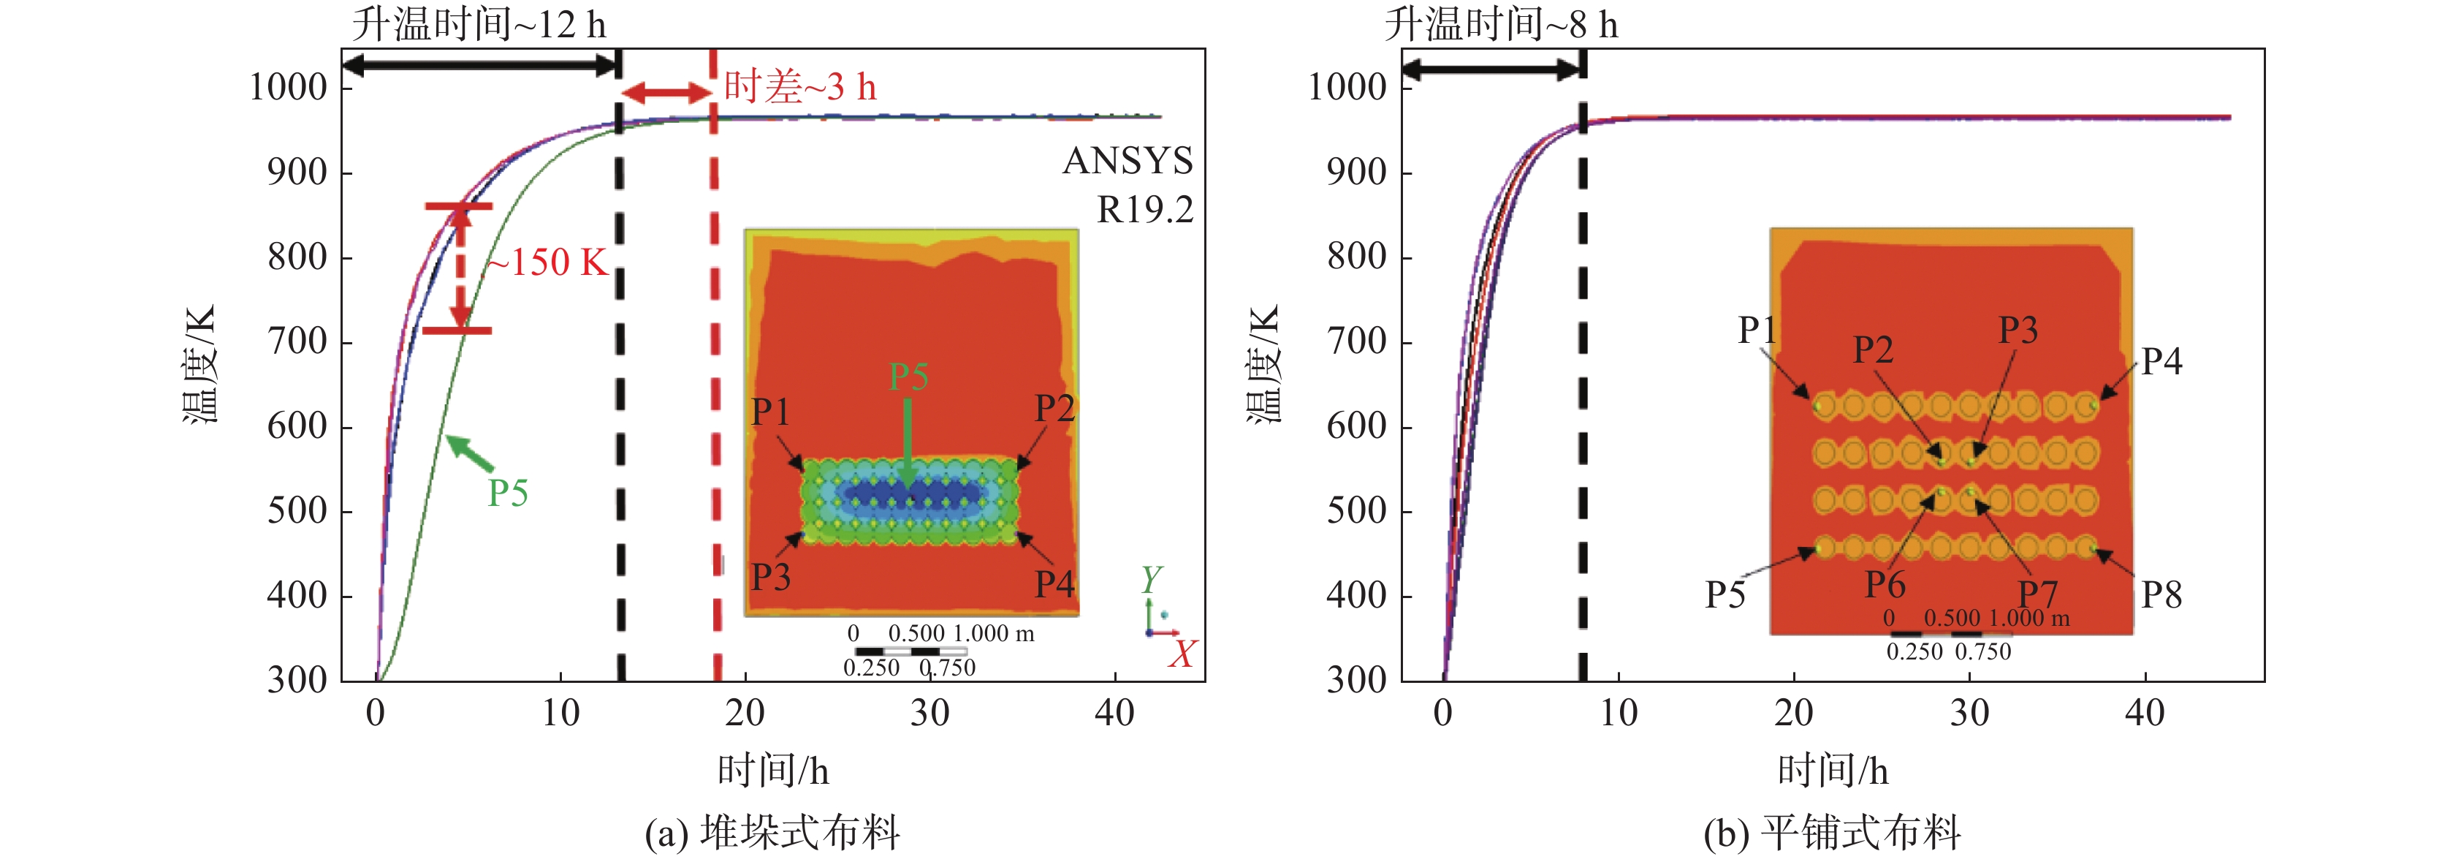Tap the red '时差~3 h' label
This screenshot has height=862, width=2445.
coord(799,87)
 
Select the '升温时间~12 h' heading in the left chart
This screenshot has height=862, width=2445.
coord(479,23)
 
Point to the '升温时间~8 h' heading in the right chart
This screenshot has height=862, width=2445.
coord(1501,23)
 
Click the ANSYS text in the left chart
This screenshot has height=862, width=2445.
coord(1128,160)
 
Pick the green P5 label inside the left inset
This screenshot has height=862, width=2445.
coord(908,377)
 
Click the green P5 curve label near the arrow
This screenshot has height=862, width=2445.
coord(508,494)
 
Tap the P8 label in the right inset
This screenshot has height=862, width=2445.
coord(2161,595)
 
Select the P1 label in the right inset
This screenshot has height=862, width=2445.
coord(1757,330)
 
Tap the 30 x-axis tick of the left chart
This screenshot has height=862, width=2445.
coord(929,713)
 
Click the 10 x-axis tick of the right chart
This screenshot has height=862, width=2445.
coord(1619,713)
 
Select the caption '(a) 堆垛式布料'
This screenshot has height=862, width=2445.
coord(772,833)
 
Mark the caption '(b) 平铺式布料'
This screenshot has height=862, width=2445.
coord(1832,833)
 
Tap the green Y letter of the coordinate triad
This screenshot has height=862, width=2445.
coord(1152,579)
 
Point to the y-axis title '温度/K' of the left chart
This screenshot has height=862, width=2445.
coord(200,363)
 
